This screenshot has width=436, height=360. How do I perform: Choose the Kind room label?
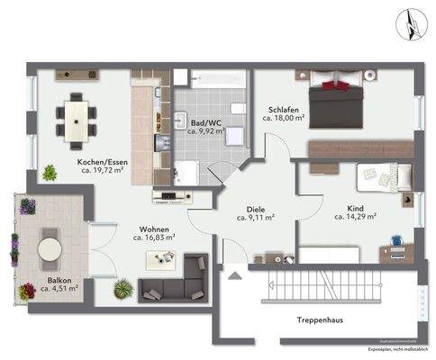(x=355, y=208)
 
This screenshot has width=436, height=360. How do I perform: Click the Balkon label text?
(x=61, y=280)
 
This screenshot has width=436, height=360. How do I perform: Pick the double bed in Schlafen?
(x=336, y=94)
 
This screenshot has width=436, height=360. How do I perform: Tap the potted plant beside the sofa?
(x=123, y=288)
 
